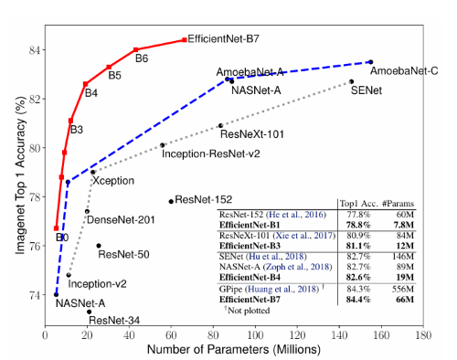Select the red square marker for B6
(135, 49)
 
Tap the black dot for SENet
(351, 81)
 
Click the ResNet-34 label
(116, 319)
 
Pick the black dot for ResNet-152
(170, 201)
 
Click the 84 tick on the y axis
(35, 49)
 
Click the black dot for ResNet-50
(99, 245)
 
